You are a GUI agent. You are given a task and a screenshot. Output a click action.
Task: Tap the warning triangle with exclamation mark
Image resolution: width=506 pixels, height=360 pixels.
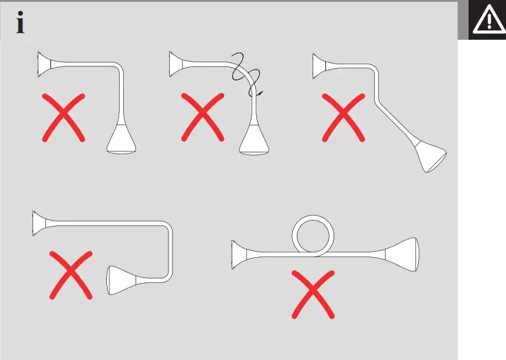(487, 21)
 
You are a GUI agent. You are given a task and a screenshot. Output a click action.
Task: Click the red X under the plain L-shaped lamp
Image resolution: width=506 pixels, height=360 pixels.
(64, 118)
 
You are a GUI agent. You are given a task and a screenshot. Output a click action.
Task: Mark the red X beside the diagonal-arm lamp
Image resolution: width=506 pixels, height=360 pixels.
(344, 118)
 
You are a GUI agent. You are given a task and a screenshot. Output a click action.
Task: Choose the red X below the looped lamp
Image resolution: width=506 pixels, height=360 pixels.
(313, 294)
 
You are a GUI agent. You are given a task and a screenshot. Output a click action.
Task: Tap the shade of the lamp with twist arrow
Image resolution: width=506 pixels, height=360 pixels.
(256, 140)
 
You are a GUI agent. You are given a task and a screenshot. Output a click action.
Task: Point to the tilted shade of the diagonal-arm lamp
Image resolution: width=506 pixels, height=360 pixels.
(430, 156)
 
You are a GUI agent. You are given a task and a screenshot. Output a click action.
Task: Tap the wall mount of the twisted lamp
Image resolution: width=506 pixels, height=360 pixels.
(178, 64)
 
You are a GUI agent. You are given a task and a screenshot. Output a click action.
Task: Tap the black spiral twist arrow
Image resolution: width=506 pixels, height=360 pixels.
(247, 74)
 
